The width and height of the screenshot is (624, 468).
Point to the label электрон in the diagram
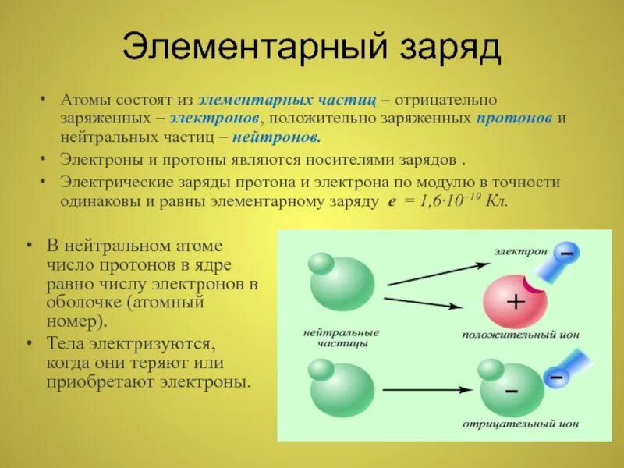point(519,251)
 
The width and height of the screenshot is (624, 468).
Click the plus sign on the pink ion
point(515,303)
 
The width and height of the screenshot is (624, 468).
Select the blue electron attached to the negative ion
point(556,377)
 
